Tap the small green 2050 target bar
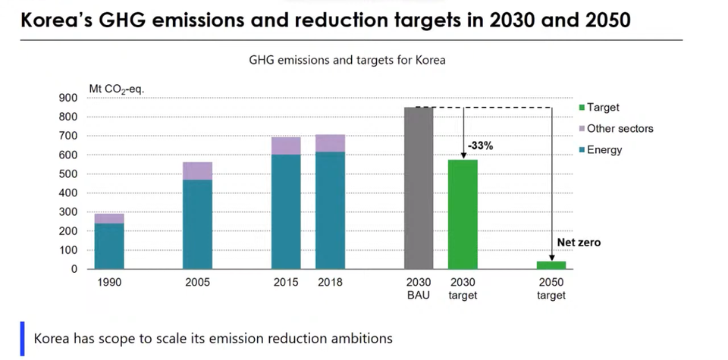click(551, 265)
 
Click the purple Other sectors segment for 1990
click(109, 218)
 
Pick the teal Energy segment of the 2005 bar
click(198, 224)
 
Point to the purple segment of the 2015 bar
click(286, 146)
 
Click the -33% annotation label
click(480, 144)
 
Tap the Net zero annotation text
click(579, 243)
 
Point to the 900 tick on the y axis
click(68, 98)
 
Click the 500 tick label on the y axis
click(68, 174)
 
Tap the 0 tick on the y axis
click(74, 269)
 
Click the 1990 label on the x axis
click(109, 283)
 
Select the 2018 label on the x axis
click(330, 283)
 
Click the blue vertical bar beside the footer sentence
click(22, 337)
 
